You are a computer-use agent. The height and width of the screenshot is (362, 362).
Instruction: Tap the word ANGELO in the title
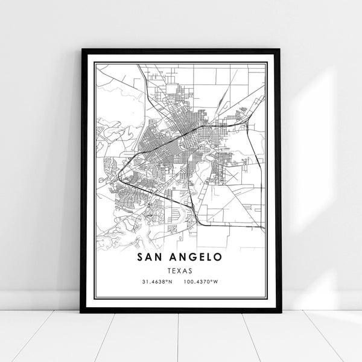click(x=194, y=258)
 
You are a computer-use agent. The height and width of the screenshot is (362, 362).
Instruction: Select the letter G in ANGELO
click(x=190, y=258)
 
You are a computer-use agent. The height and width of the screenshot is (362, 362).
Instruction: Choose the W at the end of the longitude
click(x=218, y=283)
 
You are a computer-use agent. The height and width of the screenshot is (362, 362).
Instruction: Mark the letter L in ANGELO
click(x=208, y=258)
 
